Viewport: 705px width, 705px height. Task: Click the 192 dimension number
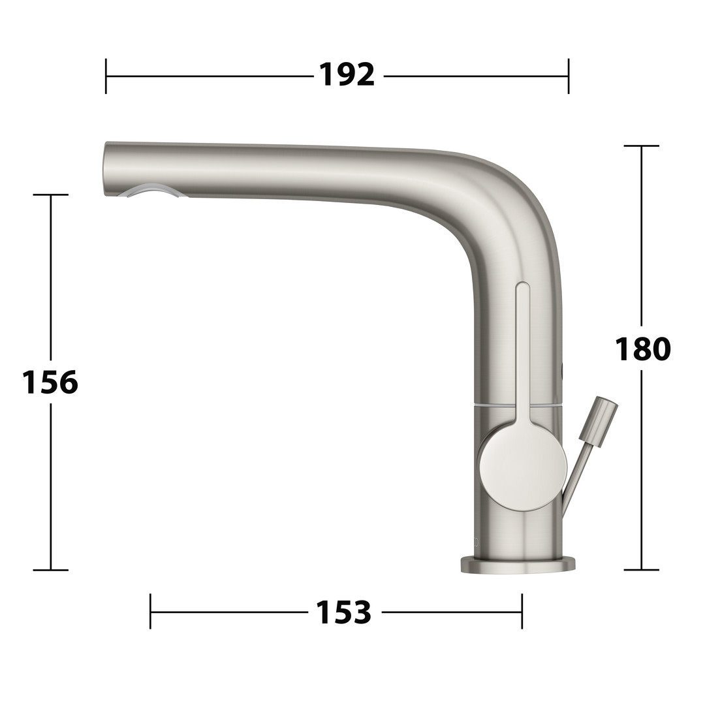point(347,75)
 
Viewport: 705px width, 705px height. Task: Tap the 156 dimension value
point(50,382)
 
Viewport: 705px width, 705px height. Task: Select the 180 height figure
point(642,349)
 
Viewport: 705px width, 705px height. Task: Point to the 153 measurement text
point(344,612)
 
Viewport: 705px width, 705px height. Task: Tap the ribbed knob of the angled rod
point(597,422)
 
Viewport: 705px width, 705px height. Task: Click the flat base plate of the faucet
point(518,565)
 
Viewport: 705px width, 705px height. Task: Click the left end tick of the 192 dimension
point(106,76)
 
